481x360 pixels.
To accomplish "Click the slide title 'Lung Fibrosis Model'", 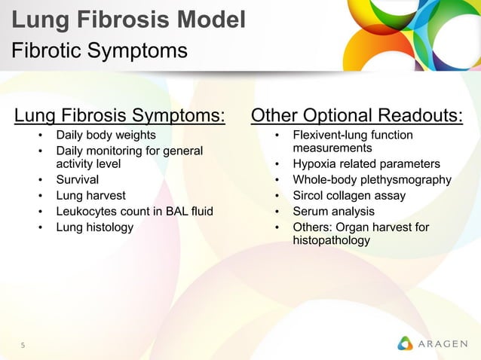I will [128, 20].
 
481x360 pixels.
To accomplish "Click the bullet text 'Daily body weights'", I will [106, 136].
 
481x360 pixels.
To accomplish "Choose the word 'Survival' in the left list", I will [77, 180].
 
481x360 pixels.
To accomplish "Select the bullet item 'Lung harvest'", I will [90, 196].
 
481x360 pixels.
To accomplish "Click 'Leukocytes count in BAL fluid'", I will [134, 212].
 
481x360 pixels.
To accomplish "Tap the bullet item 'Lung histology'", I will [94, 227].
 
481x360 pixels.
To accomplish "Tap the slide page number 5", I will [23, 346].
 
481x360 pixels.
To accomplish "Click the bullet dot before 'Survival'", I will [40, 180].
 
